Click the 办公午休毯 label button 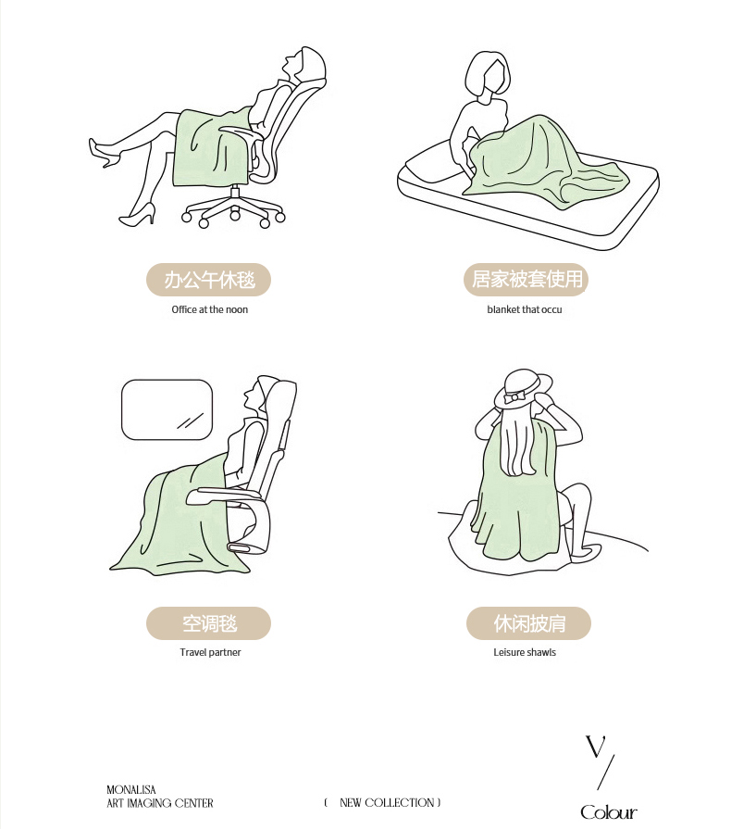coord(208,280)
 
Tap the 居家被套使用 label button coord(527,280)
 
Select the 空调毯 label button coord(208,623)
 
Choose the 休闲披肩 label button coord(528,623)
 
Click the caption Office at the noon coord(210,309)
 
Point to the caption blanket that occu coord(525,309)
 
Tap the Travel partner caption coord(210,652)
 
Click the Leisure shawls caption coord(525,652)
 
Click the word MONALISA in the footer coord(131,790)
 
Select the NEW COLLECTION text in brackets coord(387,802)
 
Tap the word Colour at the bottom coord(609,812)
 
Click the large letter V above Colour coord(595,747)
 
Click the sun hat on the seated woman coord(523,389)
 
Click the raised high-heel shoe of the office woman coord(104,153)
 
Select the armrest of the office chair coord(241,132)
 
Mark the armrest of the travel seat coord(225,496)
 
